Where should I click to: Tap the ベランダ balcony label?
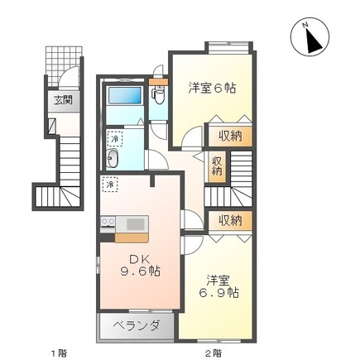click(136, 325)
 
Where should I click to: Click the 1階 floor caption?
click(57, 353)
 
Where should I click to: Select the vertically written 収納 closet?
click(216, 166)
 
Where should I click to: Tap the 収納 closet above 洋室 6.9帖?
click(230, 219)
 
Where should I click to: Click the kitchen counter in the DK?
click(124, 223)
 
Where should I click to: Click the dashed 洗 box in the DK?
click(109, 183)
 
